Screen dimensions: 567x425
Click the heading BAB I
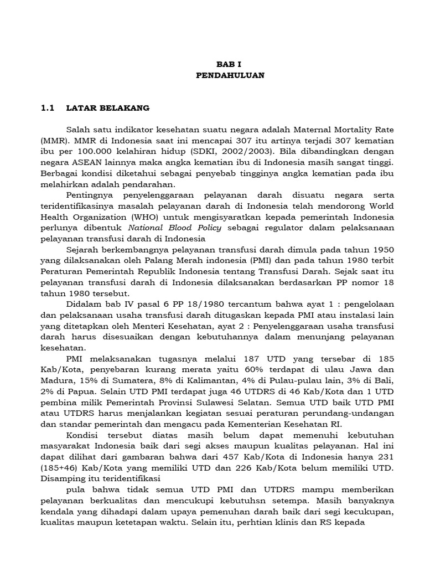(x=230, y=64)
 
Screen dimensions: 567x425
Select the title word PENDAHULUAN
(x=230, y=75)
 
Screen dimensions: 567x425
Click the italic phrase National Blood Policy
(x=174, y=228)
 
